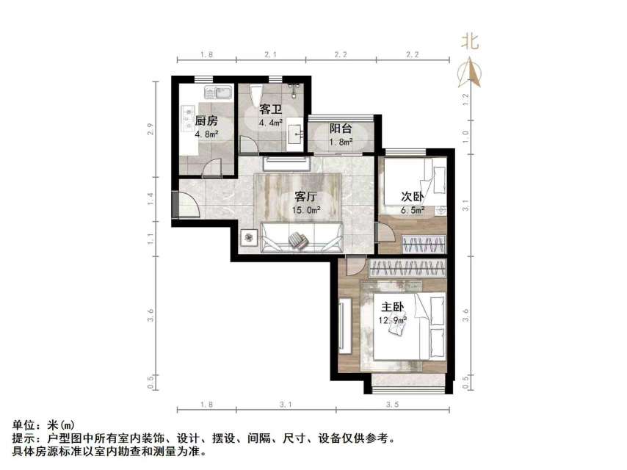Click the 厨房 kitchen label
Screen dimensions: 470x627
tap(206, 121)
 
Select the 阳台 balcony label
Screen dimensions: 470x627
tap(341, 128)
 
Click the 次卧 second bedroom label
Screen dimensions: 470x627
tap(411, 197)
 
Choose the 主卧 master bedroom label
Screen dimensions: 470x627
tap(392, 306)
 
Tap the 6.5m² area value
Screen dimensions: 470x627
tap(412, 210)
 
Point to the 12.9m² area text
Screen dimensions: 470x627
tap(393, 319)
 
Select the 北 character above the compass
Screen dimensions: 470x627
tap(470, 41)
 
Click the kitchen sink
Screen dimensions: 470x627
tap(217, 93)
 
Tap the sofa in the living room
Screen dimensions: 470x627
tap(301, 236)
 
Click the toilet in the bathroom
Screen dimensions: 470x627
tap(255, 97)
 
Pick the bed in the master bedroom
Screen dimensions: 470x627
tap(409, 326)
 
